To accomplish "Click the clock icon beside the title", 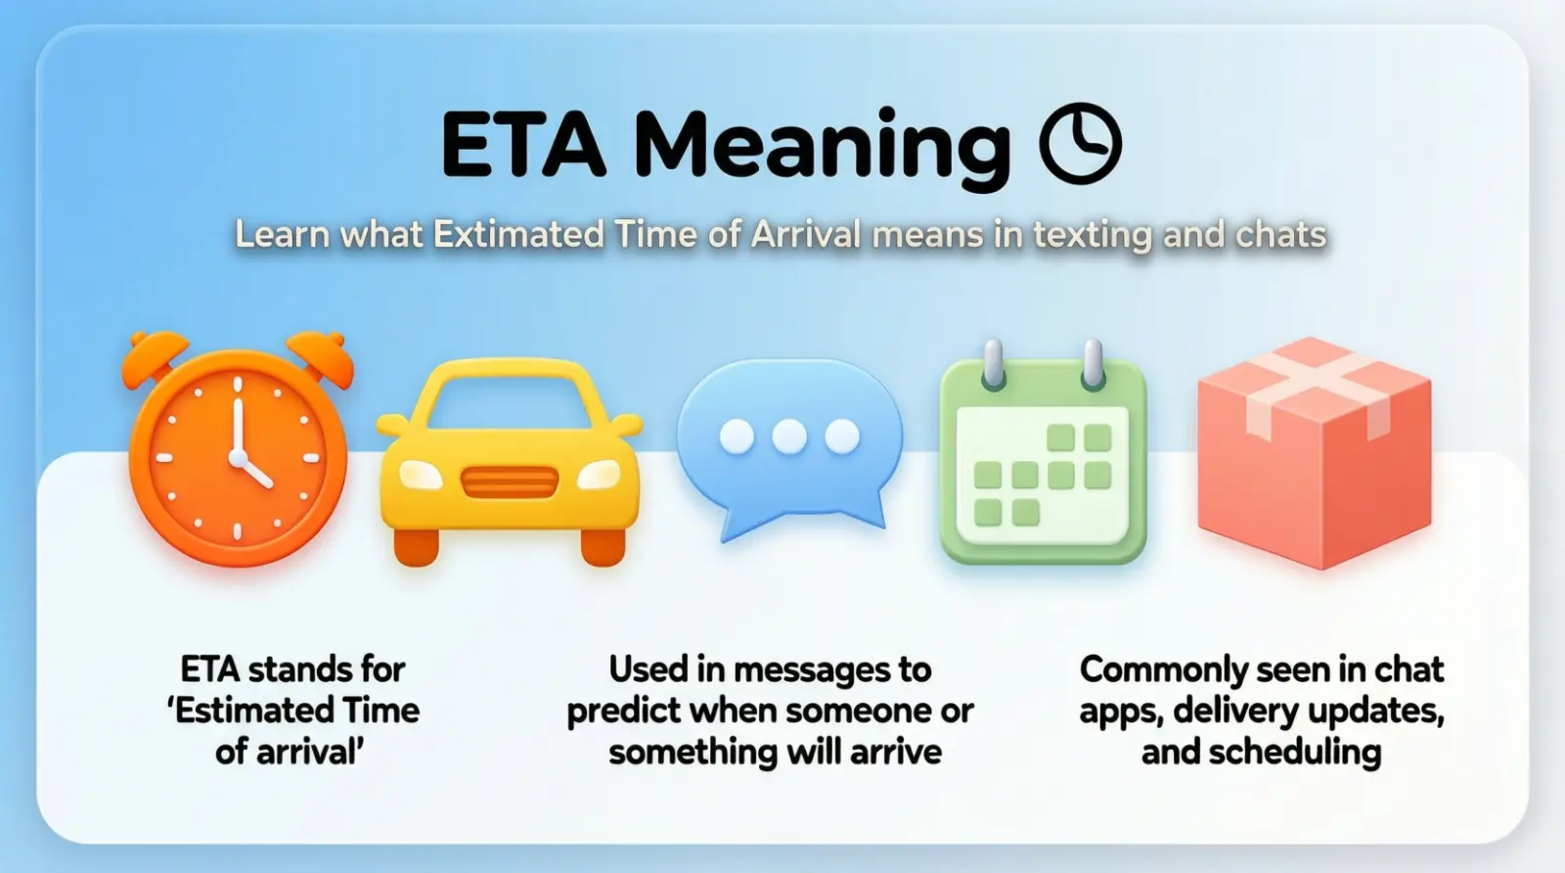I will pyautogui.click(x=1080, y=144).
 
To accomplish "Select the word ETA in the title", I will pyautogui.click(x=523, y=145).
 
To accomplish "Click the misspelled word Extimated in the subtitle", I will pyautogui.click(x=517, y=235).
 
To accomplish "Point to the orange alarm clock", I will pyautogui.click(x=238, y=455).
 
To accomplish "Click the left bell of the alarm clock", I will pyautogui.click(x=154, y=357).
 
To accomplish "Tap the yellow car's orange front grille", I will pyautogui.click(x=509, y=482).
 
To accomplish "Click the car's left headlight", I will pyautogui.click(x=421, y=475).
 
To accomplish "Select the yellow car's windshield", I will pyautogui.click(x=510, y=397).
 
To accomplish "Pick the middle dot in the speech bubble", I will pyautogui.click(x=789, y=436).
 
